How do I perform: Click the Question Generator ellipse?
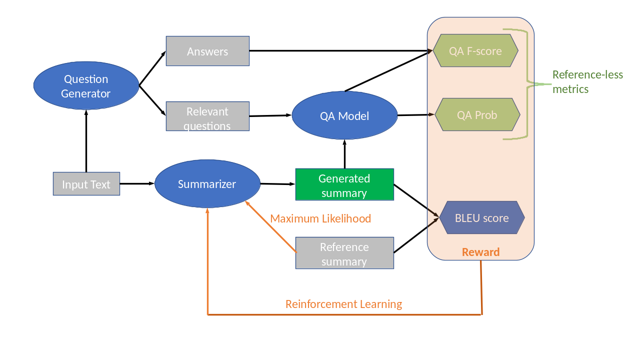pyautogui.click(x=86, y=86)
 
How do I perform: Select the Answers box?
pyautogui.click(x=207, y=51)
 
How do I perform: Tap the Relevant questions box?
pyautogui.click(x=207, y=116)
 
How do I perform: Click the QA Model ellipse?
pyautogui.click(x=344, y=115)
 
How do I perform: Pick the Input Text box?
pyautogui.click(x=86, y=184)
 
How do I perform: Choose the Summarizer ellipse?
pyautogui.click(x=207, y=184)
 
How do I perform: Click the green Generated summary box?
pyautogui.click(x=344, y=184)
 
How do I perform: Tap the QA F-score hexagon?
pyautogui.click(x=475, y=50)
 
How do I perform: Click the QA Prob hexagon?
pyautogui.click(x=477, y=115)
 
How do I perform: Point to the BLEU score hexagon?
pyautogui.click(x=481, y=218)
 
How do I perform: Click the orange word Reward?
pyautogui.click(x=480, y=252)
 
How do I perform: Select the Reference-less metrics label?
pyautogui.click(x=587, y=81)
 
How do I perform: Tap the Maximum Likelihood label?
pyautogui.click(x=320, y=218)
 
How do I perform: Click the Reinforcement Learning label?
pyautogui.click(x=343, y=304)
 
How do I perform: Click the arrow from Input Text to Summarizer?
pyautogui.click(x=137, y=183)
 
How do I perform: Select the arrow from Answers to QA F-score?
pyautogui.click(x=340, y=50)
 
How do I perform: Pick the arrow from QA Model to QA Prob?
pyautogui.click(x=415, y=115)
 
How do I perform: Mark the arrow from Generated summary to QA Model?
pyautogui.click(x=344, y=155)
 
